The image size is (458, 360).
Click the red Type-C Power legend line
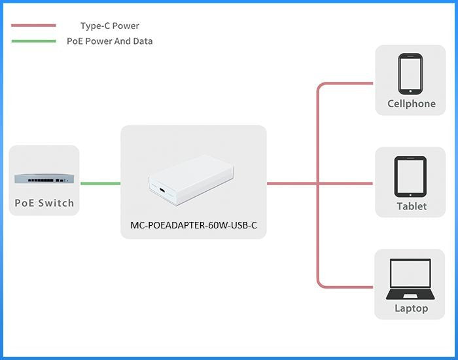point(33,26)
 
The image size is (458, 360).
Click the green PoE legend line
point(33,41)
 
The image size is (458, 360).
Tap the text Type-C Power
point(110,26)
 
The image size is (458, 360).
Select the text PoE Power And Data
point(110,41)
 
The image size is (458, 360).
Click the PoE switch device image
point(44,177)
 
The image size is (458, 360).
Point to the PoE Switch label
point(44,203)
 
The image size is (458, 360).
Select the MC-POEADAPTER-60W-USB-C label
point(194,226)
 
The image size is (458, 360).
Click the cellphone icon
point(411,74)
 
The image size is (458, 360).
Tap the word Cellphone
point(411,103)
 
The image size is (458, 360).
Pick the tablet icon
point(411,176)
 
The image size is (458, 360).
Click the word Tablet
point(411,206)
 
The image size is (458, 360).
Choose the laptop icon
point(411,278)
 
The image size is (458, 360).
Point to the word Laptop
point(411,308)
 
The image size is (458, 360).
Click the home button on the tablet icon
point(411,193)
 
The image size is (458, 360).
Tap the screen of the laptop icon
point(411,274)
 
